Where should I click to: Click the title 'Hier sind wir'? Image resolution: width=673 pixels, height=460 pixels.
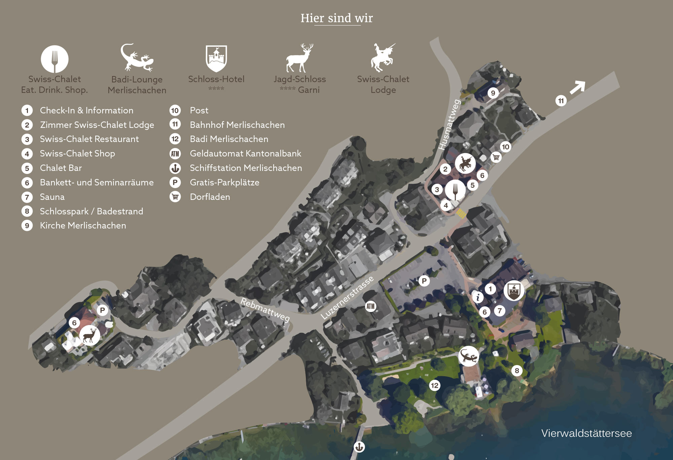click(x=336, y=18)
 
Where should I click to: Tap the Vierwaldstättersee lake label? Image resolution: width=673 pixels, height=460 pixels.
click(x=586, y=433)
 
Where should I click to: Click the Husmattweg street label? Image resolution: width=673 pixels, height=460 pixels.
click(x=449, y=125)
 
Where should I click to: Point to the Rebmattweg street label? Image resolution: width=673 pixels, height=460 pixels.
click(x=265, y=310)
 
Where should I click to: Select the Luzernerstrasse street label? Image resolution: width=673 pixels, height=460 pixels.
click(x=347, y=297)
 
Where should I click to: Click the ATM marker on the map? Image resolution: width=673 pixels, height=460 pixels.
click(x=370, y=306)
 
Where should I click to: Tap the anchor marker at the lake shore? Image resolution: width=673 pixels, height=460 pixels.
click(x=359, y=447)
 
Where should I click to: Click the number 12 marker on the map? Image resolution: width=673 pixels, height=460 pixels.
click(x=434, y=385)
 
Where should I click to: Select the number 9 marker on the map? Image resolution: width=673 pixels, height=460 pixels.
click(x=493, y=93)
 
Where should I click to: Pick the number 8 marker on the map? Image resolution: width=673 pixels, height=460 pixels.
click(x=517, y=371)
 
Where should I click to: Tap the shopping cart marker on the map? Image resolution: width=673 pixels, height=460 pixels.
click(x=496, y=157)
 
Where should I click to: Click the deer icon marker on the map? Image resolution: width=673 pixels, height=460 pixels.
click(x=90, y=335)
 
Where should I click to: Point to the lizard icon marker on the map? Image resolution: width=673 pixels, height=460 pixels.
click(x=468, y=356)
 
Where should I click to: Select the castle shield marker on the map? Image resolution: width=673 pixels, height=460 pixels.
click(x=514, y=290)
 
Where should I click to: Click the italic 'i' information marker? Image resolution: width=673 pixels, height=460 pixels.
click(x=478, y=297)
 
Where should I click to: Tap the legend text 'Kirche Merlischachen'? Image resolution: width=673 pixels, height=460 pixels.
click(x=83, y=225)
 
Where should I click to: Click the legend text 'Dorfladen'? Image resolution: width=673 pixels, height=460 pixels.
click(x=210, y=197)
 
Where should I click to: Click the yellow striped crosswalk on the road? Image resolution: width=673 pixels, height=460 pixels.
click(x=461, y=213)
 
